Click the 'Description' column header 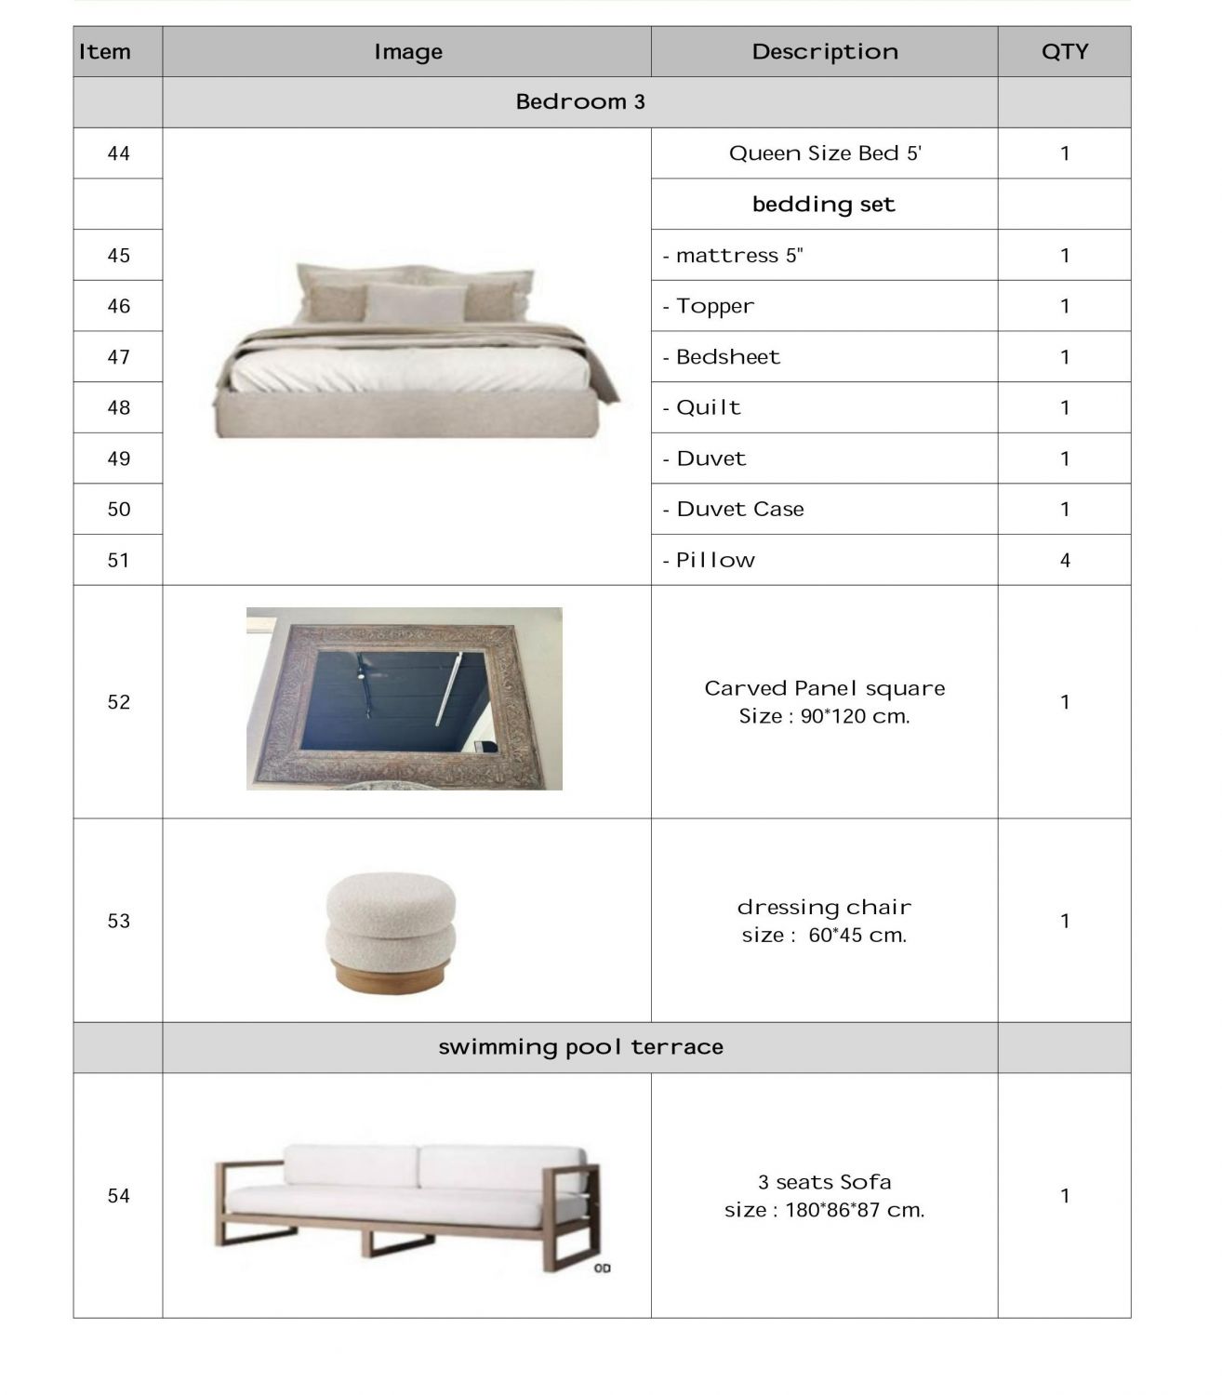(x=824, y=52)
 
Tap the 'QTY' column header (x=1064, y=52)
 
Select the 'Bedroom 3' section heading (x=579, y=102)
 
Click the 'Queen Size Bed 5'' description (x=824, y=153)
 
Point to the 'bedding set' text (x=823, y=205)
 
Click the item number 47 (x=118, y=357)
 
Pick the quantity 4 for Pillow (x=1064, y=561)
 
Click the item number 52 (x=118, y=702)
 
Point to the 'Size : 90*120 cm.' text (x=824, y=716)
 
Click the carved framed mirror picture (x=404, y=698)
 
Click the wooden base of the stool (x=391, y=978)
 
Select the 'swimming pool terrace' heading (x=580, y=1047)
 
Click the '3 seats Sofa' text (x=824, y=1182)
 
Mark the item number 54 (x=118, y=1196)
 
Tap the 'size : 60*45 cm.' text (x=824, y=936)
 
